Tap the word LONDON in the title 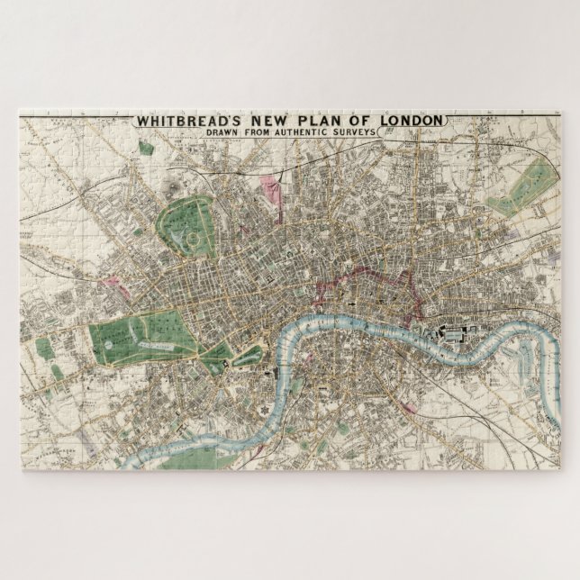tap(409, 120)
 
